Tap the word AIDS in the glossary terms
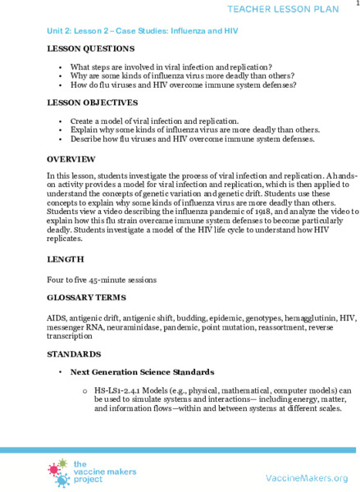pyautogui.click(x=57, y=317)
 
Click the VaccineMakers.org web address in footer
pyautogui.click(x=307, y=477)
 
